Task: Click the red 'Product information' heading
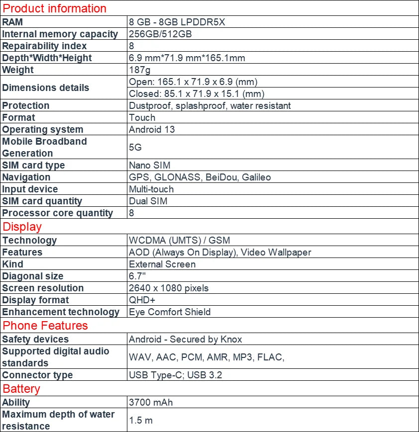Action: pyautogui.click(x=55, y=8)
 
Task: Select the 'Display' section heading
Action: pyautogui.click(x=22, y=227)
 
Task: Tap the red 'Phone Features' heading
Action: pyautogui.click(x=45, y=326)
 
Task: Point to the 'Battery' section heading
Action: pyautogui.click(x=21, y=389)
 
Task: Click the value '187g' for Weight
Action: pyautogui.click(x=140, y=70)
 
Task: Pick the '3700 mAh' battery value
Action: pyautogui.click(x=151, y=402)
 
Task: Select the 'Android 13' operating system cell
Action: pyautogui.click(x=152, y=130)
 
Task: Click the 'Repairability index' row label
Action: pyautogui.click(x=44, y=46)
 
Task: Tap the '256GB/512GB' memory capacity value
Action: pyautogui.click(x=160, y=34)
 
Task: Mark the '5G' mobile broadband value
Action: pyautogui.click(x=135, y=148)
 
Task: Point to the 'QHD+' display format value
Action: pyautogui.click(x=142, y=300)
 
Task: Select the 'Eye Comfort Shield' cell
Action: pyautogui.click(x=170, y=312)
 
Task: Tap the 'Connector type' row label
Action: pyautogui.click(x=37, y=375)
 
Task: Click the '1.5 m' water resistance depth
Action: pyautogui.click(x=141, y=421)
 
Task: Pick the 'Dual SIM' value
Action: pyautogui.click(x=148, y=201)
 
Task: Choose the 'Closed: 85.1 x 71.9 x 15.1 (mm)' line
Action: pyautogui.click(x=197, y=94)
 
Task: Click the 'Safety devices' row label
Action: pyautogui.click(x=35, y=340)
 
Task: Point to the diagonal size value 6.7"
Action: pyautogui.click(x=137, y=276)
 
